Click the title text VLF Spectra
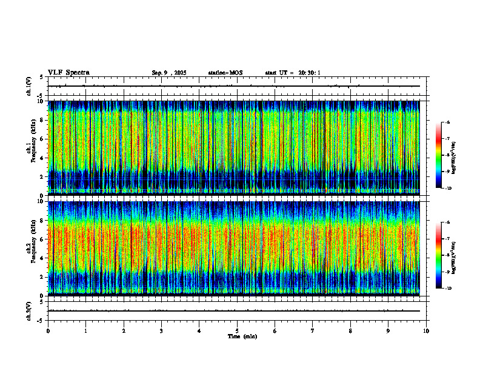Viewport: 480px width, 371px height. click(x=68, y=73)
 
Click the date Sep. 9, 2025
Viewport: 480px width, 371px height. click(x=168, y=73)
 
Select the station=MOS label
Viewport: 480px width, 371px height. click(x=225, y=73)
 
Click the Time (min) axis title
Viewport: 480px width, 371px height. click(x=242, y=336)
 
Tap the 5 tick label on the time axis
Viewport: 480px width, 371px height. click(x=237, y=330)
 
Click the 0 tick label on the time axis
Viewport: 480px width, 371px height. click(x=48, y=330)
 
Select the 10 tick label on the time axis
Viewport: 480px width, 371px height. click(x=426, y=330)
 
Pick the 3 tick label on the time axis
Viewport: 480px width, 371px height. click(x=161, y=330)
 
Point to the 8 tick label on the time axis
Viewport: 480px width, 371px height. click(x=350, y=330)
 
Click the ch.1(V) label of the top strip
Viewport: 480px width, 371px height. click(x=29, y=86)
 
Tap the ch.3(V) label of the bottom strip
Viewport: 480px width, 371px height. click(x=29, y=310)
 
